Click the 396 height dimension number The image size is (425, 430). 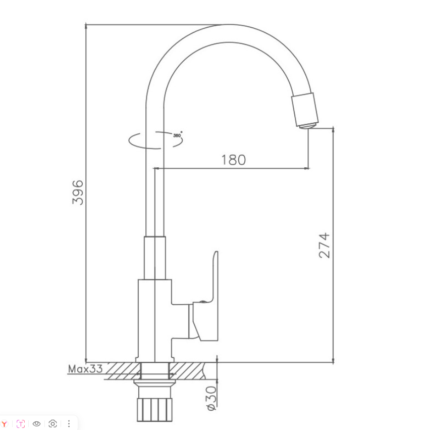point(78,192)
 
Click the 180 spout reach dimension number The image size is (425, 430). point(234,160)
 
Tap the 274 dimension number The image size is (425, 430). point(324,246)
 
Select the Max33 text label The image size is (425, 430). point(85,369)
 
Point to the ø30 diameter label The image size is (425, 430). point(211,398)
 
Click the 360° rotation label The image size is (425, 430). point(178,135)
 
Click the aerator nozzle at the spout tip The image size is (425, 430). point(305,110)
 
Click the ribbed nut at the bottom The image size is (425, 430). point(154,410)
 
